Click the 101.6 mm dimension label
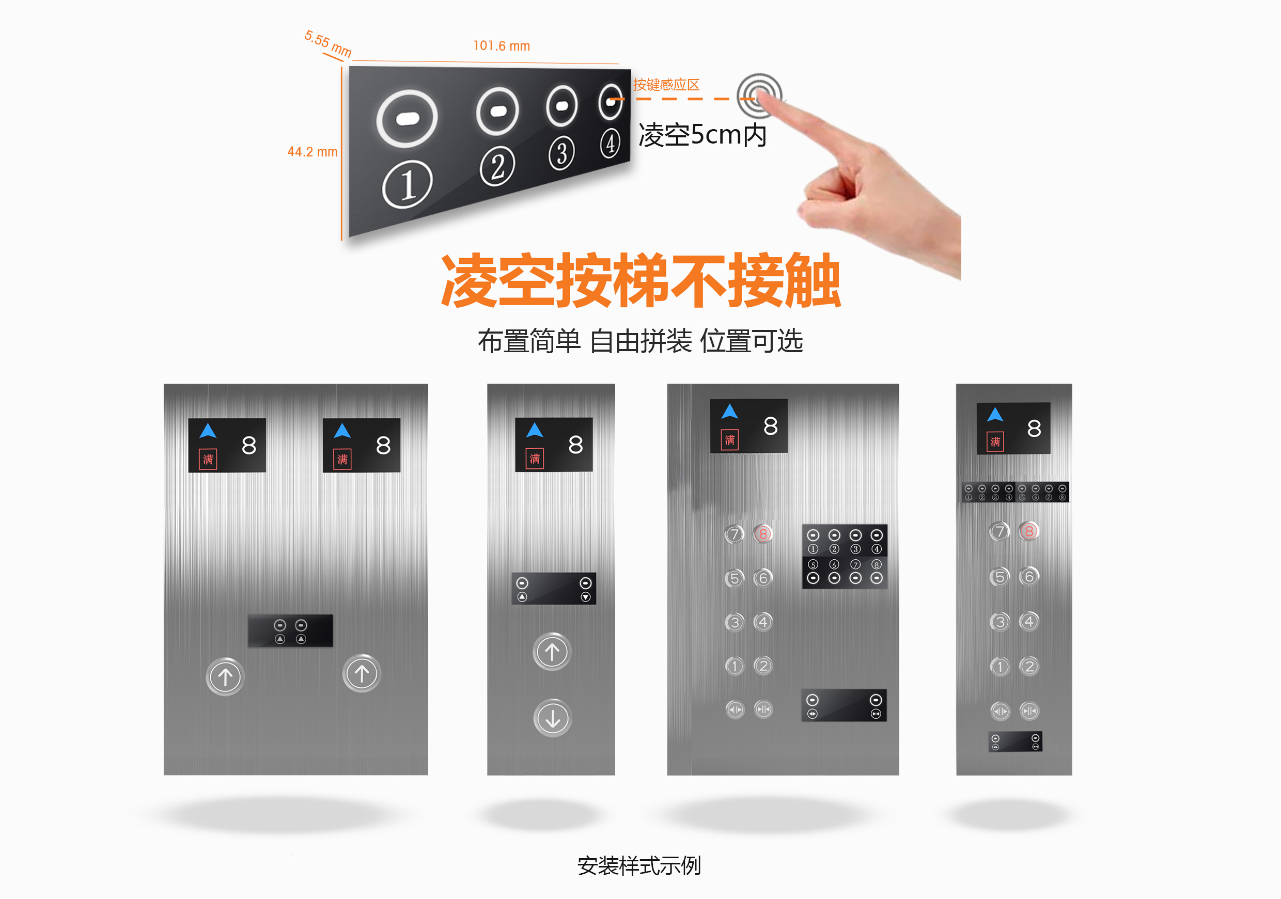(502, 46)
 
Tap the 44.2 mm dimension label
(313, 152)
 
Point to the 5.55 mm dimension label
(328, 44)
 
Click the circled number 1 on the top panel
(408, 184)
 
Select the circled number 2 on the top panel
(497, 166)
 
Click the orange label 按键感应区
(666, 85)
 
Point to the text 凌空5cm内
(702, 135)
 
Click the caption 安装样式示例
(639, 865)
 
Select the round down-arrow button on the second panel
(552, 718)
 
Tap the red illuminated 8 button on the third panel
(763, 534)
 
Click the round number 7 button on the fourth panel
(999, 531)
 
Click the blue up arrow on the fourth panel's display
(995, 414)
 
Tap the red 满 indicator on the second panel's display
(535, 459)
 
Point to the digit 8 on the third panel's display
(771, 426)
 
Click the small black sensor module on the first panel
(290, 631)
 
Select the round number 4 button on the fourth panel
(1029, 621)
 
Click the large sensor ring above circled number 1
(407, 119)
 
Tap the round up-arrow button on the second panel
(552, 651)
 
